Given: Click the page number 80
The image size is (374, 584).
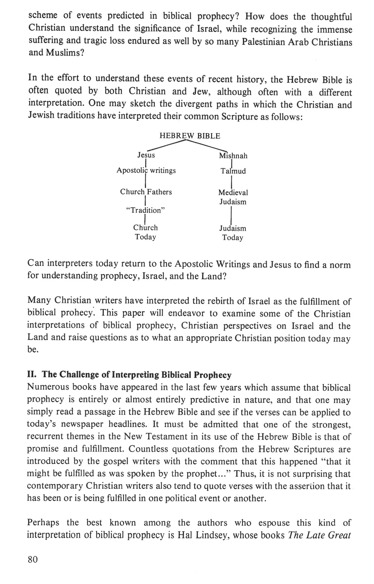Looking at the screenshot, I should [x=33, y=559].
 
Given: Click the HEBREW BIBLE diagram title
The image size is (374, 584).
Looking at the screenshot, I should [x=190, y=136].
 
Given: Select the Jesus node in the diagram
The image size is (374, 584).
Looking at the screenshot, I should [x=146, y=155].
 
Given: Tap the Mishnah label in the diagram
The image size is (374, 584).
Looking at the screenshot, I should [x=233, y=156].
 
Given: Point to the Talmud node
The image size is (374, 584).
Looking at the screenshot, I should [x=233, y=171].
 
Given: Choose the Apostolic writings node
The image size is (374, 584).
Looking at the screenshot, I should [x=146, y=170].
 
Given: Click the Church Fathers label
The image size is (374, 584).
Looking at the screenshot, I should [x=146, y=192].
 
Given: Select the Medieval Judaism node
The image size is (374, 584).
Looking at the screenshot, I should [x=233, y=197].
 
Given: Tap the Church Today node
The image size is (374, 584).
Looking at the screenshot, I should [x=145, y=232].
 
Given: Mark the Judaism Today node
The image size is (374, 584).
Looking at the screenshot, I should [x=233, y=233].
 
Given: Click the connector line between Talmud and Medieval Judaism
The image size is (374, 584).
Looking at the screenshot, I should [x=233, y=182].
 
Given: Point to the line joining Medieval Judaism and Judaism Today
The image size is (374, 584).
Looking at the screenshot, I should [x=233, y=215].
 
